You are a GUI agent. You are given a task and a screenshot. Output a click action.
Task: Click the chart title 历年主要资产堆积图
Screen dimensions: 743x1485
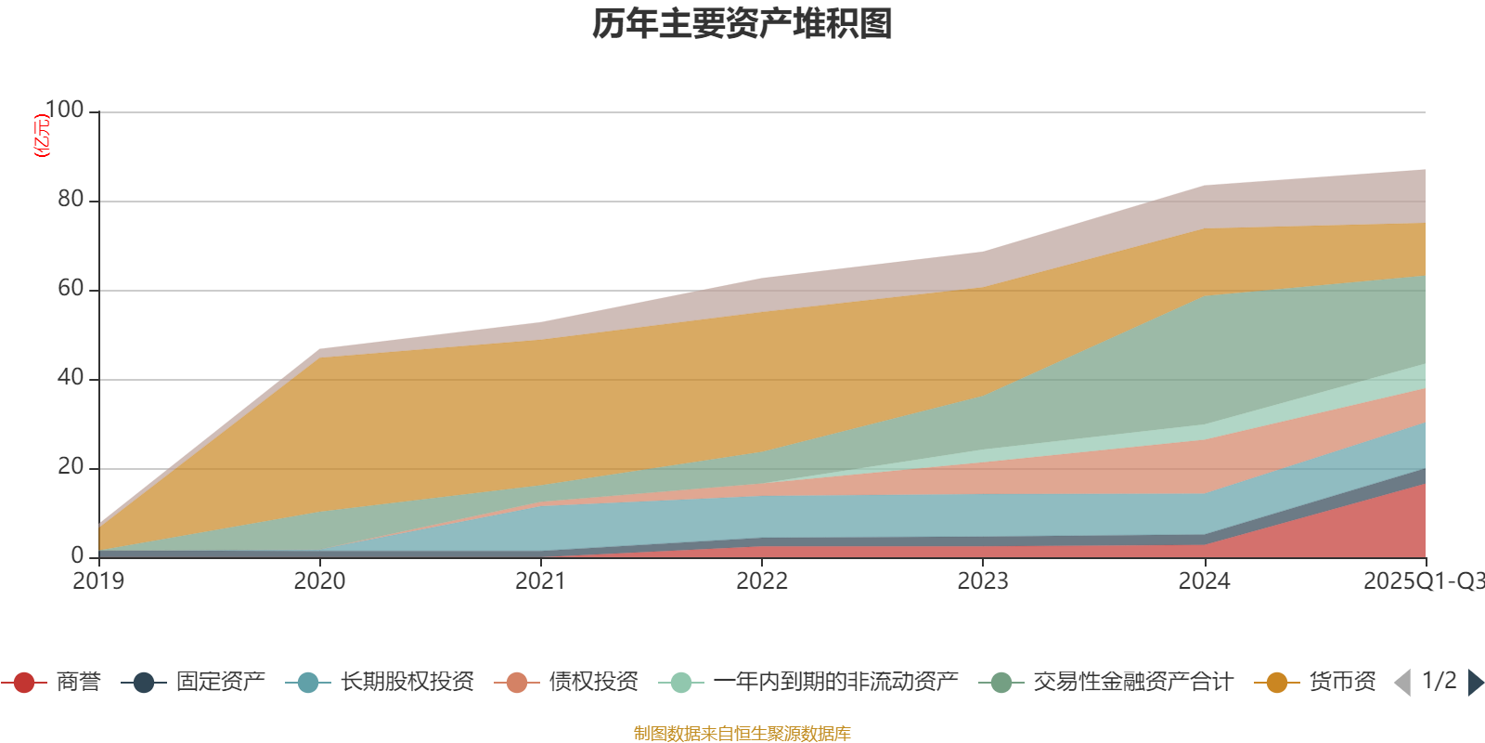(742, 24)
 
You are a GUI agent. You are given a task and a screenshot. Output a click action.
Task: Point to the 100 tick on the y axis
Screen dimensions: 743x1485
(64, 110)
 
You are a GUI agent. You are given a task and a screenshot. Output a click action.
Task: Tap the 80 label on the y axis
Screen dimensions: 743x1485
(71, 199)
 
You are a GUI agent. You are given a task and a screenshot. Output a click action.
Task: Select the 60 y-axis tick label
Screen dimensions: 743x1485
(71, 288)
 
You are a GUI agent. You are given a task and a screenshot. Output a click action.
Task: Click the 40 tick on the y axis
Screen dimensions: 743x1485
(71, 377)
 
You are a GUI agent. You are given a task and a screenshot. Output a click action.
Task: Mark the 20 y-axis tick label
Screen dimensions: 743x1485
(71, 466)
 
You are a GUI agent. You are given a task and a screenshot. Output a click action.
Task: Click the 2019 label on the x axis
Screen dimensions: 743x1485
(98, 581)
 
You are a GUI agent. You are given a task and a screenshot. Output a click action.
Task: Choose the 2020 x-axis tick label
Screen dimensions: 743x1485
(319, 581)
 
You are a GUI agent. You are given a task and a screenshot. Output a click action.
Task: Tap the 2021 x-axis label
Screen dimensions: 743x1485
(540, 581)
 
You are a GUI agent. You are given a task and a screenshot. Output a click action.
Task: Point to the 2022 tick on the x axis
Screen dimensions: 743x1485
(761, 581)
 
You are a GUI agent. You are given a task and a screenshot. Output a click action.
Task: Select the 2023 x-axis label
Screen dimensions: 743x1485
(983, 581)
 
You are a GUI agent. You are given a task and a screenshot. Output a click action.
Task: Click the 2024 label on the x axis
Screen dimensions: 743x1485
(1204, 581)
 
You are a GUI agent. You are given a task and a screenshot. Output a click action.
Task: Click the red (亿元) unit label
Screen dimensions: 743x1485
(42, 136)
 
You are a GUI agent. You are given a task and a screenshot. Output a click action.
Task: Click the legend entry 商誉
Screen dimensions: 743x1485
(78, 683)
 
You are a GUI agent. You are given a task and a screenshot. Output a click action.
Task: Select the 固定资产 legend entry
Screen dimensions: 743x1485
(220, 683)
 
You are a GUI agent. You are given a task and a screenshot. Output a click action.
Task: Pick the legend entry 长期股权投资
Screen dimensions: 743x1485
(407, 683)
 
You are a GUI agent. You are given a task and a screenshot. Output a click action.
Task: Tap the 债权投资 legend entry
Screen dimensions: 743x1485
(593, 683)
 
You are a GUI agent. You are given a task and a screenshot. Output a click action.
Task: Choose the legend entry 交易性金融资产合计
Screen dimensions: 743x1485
(1132, 683)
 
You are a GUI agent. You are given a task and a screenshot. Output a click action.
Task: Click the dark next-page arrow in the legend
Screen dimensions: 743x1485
(1475, 683)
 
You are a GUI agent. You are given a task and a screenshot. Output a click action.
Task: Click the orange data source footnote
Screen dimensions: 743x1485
(742, 734)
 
